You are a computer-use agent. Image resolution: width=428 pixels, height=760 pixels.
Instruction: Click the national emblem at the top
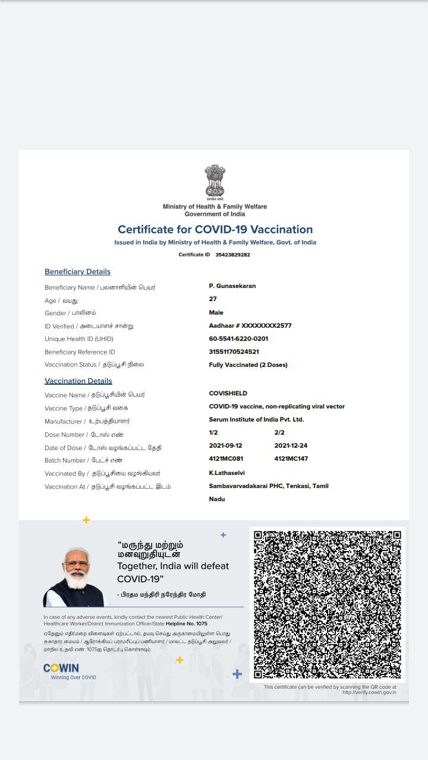coord(215,182)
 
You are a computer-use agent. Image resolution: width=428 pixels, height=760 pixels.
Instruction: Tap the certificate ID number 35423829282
coord(232,255)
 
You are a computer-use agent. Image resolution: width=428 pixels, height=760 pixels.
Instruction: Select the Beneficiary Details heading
coord(77,272)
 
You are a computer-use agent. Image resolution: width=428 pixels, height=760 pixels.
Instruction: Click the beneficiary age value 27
coord(213,299)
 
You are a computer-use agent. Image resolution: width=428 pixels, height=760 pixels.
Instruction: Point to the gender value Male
coord(216,312)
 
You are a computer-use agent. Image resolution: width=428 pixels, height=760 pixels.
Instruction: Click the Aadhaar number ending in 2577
coord(250,325)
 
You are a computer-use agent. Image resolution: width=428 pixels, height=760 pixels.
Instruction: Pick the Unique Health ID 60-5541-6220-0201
coord(238,338)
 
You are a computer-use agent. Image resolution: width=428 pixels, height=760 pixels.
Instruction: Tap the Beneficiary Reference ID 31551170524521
coord(234,351)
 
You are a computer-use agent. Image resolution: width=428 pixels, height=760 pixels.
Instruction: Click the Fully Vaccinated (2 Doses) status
coord(248,365)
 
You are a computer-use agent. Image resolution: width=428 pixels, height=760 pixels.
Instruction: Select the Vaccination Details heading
coord(78,381)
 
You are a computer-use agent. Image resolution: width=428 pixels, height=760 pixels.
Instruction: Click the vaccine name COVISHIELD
coord(228,393)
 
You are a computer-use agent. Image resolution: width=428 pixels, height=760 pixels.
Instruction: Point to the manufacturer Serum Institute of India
coord(256,419)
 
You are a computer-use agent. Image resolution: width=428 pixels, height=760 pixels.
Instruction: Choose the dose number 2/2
coord(279,432)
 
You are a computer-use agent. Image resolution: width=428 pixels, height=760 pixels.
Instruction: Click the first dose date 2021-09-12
coord(225,445)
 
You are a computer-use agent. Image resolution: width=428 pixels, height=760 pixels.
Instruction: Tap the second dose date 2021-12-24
coord(291,445)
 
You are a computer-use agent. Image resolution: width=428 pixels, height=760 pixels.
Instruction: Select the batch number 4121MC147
coord(291,458)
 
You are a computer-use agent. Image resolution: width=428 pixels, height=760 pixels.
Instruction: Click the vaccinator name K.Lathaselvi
coord(226,473)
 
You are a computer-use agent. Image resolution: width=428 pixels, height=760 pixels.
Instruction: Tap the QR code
coord(328,604)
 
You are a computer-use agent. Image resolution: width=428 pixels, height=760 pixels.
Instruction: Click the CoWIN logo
coord(61,669)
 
